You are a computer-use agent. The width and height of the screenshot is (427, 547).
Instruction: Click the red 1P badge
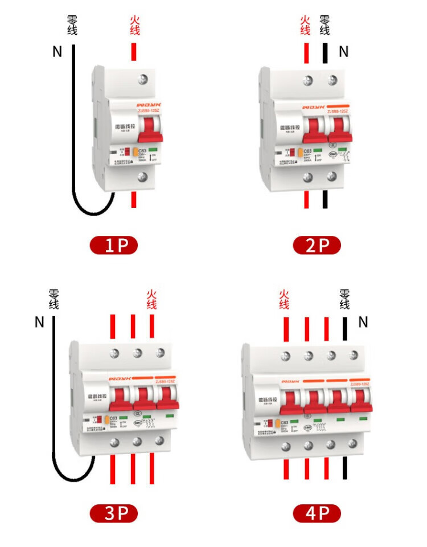coord(114,246)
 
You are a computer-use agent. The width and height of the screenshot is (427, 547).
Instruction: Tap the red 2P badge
coord(317,246)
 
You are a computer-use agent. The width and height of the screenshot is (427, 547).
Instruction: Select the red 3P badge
coord(114,513)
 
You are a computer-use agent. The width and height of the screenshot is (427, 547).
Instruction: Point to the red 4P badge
coord(317,513)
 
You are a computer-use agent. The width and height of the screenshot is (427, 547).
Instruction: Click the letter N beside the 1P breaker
coord(57,52)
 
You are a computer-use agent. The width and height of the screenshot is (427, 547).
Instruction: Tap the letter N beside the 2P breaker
coord(343,52)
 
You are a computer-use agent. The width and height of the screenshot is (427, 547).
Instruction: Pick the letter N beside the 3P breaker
coord(39,323)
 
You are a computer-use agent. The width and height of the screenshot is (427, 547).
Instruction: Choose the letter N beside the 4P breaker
coord(363,323)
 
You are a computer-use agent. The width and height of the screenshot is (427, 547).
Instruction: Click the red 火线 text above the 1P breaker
coord(134,26)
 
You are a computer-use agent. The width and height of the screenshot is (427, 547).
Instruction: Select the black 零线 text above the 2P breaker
coord(325,26)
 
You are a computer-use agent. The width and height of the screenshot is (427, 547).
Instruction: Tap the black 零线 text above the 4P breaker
coord(344,299)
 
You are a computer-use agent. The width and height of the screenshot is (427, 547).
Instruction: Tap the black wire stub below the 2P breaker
coord(325,199)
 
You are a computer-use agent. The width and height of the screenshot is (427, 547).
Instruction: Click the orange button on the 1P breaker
coord(136,152)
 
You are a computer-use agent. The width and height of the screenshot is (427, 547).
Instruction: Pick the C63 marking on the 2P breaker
coord(307,151)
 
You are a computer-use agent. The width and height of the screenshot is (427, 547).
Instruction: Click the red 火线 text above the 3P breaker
coord(151,299)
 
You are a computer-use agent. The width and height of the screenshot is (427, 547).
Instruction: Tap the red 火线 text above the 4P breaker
coord(284,299)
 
